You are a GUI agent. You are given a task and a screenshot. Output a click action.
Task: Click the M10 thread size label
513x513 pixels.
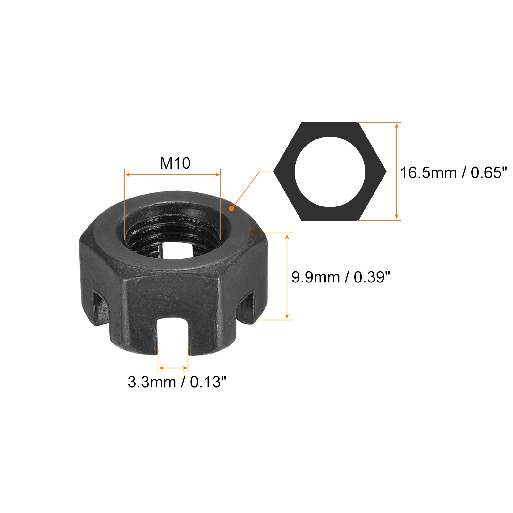175,163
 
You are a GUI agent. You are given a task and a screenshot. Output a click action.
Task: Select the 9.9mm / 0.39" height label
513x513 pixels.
341,277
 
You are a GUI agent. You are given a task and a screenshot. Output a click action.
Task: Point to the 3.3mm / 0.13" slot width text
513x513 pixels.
177,382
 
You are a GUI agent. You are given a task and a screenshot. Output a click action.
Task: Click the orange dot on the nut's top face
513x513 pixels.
231,208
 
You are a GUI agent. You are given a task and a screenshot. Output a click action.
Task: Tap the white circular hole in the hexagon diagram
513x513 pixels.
330,172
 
